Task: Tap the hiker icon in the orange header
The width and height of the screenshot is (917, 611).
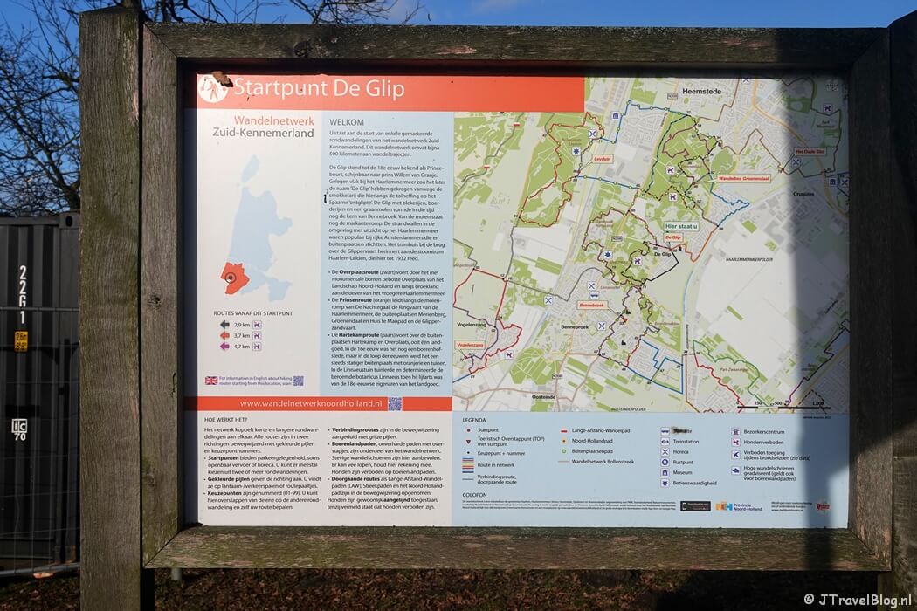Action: (212, 89)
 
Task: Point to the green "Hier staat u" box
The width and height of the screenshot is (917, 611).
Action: (681, 225)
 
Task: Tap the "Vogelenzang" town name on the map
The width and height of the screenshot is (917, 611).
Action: (473, 323)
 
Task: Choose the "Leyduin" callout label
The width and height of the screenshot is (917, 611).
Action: (603, 160)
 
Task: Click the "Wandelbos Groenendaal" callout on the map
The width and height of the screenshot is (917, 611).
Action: (742, 178)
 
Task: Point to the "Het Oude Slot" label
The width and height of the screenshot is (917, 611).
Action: (809, 151)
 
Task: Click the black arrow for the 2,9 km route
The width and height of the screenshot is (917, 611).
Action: (225, 324)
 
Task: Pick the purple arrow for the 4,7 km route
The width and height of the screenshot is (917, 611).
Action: (225, 346)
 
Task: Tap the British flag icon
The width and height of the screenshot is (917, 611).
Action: (211, 381)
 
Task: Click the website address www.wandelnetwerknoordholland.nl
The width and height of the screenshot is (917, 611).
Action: (311, 404)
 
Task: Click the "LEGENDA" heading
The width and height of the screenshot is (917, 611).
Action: (474, 420)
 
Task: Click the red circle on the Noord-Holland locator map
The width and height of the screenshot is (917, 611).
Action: (231, 278)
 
